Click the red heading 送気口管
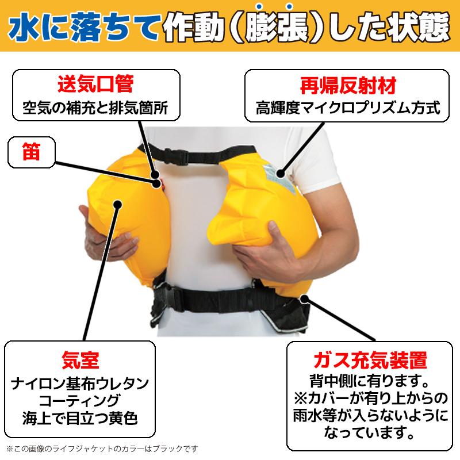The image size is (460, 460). (x=95, y=84)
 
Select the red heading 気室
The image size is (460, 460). (x=80, y=361)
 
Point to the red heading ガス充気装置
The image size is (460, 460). (x=367, y=361)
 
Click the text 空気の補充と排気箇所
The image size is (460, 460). (x=95, y=107)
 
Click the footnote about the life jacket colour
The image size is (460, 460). (x=101, y=448)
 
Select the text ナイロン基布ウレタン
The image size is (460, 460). (x=81, y=381)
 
